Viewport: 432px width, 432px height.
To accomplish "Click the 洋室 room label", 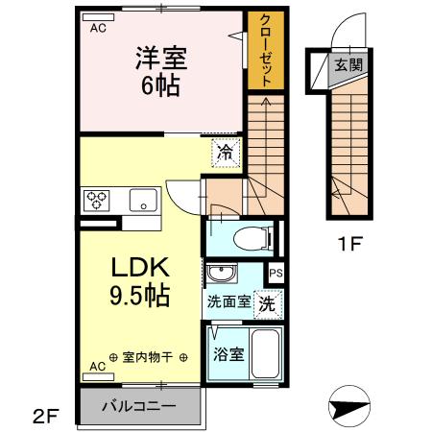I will point(158,59).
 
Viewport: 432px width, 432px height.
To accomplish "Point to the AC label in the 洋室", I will point(98,29).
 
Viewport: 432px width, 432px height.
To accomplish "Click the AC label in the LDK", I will point(98,367).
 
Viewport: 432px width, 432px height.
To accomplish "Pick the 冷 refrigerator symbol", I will point(224,152).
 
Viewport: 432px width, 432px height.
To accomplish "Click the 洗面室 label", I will point(228,301).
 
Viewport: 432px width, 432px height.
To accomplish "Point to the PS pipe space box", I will point(276,274).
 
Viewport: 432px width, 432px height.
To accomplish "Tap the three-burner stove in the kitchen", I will point(97,201).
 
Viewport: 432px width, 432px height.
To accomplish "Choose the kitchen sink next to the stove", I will point(143,201).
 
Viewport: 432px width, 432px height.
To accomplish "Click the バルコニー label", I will point(140,406).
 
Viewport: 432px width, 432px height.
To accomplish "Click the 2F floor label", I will point(47,416).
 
